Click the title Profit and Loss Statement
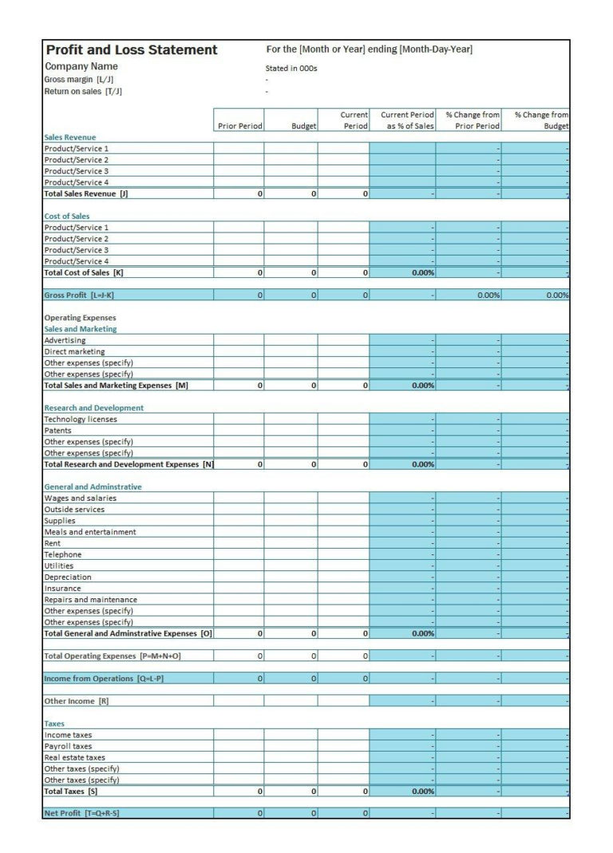131,50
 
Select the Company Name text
81,67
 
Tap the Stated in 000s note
291,69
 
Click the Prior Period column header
239,126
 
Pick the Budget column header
304,126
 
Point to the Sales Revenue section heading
69,137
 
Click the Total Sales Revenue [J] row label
85,194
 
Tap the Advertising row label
65,340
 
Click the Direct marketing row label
74,351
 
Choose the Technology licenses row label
80,419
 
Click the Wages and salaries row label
80,498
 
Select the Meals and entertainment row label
89,532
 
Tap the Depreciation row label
68,577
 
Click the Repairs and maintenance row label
90,600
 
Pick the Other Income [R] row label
76,701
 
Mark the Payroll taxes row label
68,747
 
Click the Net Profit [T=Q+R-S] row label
81,813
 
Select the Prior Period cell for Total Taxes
239,792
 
